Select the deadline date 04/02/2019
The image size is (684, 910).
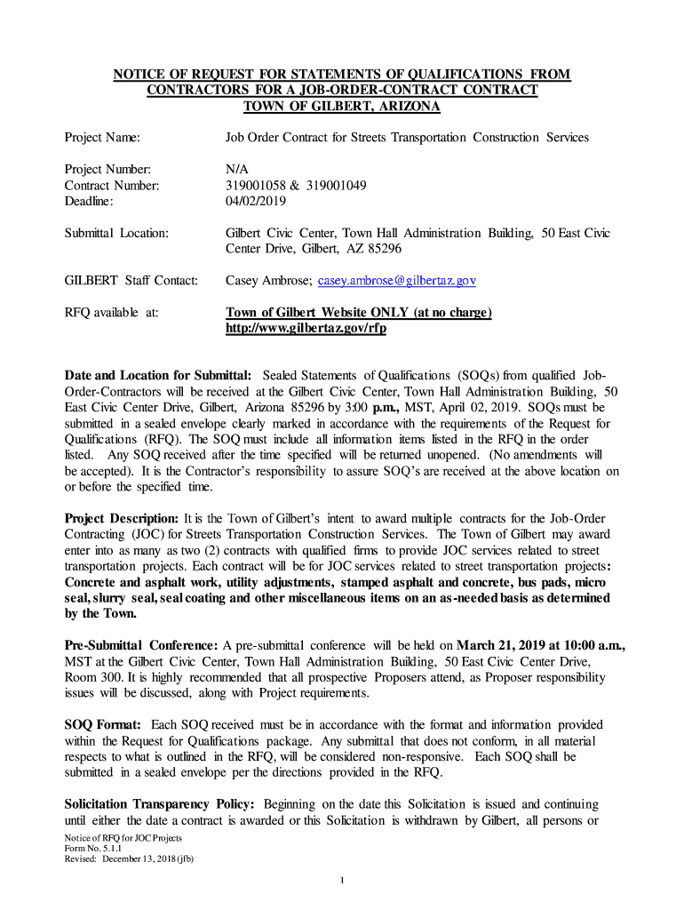[250, 202]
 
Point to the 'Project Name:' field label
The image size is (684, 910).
[103, 138]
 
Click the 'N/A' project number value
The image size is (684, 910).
[237, 170]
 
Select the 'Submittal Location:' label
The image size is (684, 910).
[116, 234]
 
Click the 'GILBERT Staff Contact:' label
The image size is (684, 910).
[130, 281]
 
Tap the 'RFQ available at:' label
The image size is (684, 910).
[111, 313]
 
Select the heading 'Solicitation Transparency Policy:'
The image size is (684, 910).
[160, 804]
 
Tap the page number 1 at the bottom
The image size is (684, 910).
[342, 880]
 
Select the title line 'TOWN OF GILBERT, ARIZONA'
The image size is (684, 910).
[342, 107]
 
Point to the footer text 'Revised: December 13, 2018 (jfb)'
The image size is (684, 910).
[124, 859]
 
